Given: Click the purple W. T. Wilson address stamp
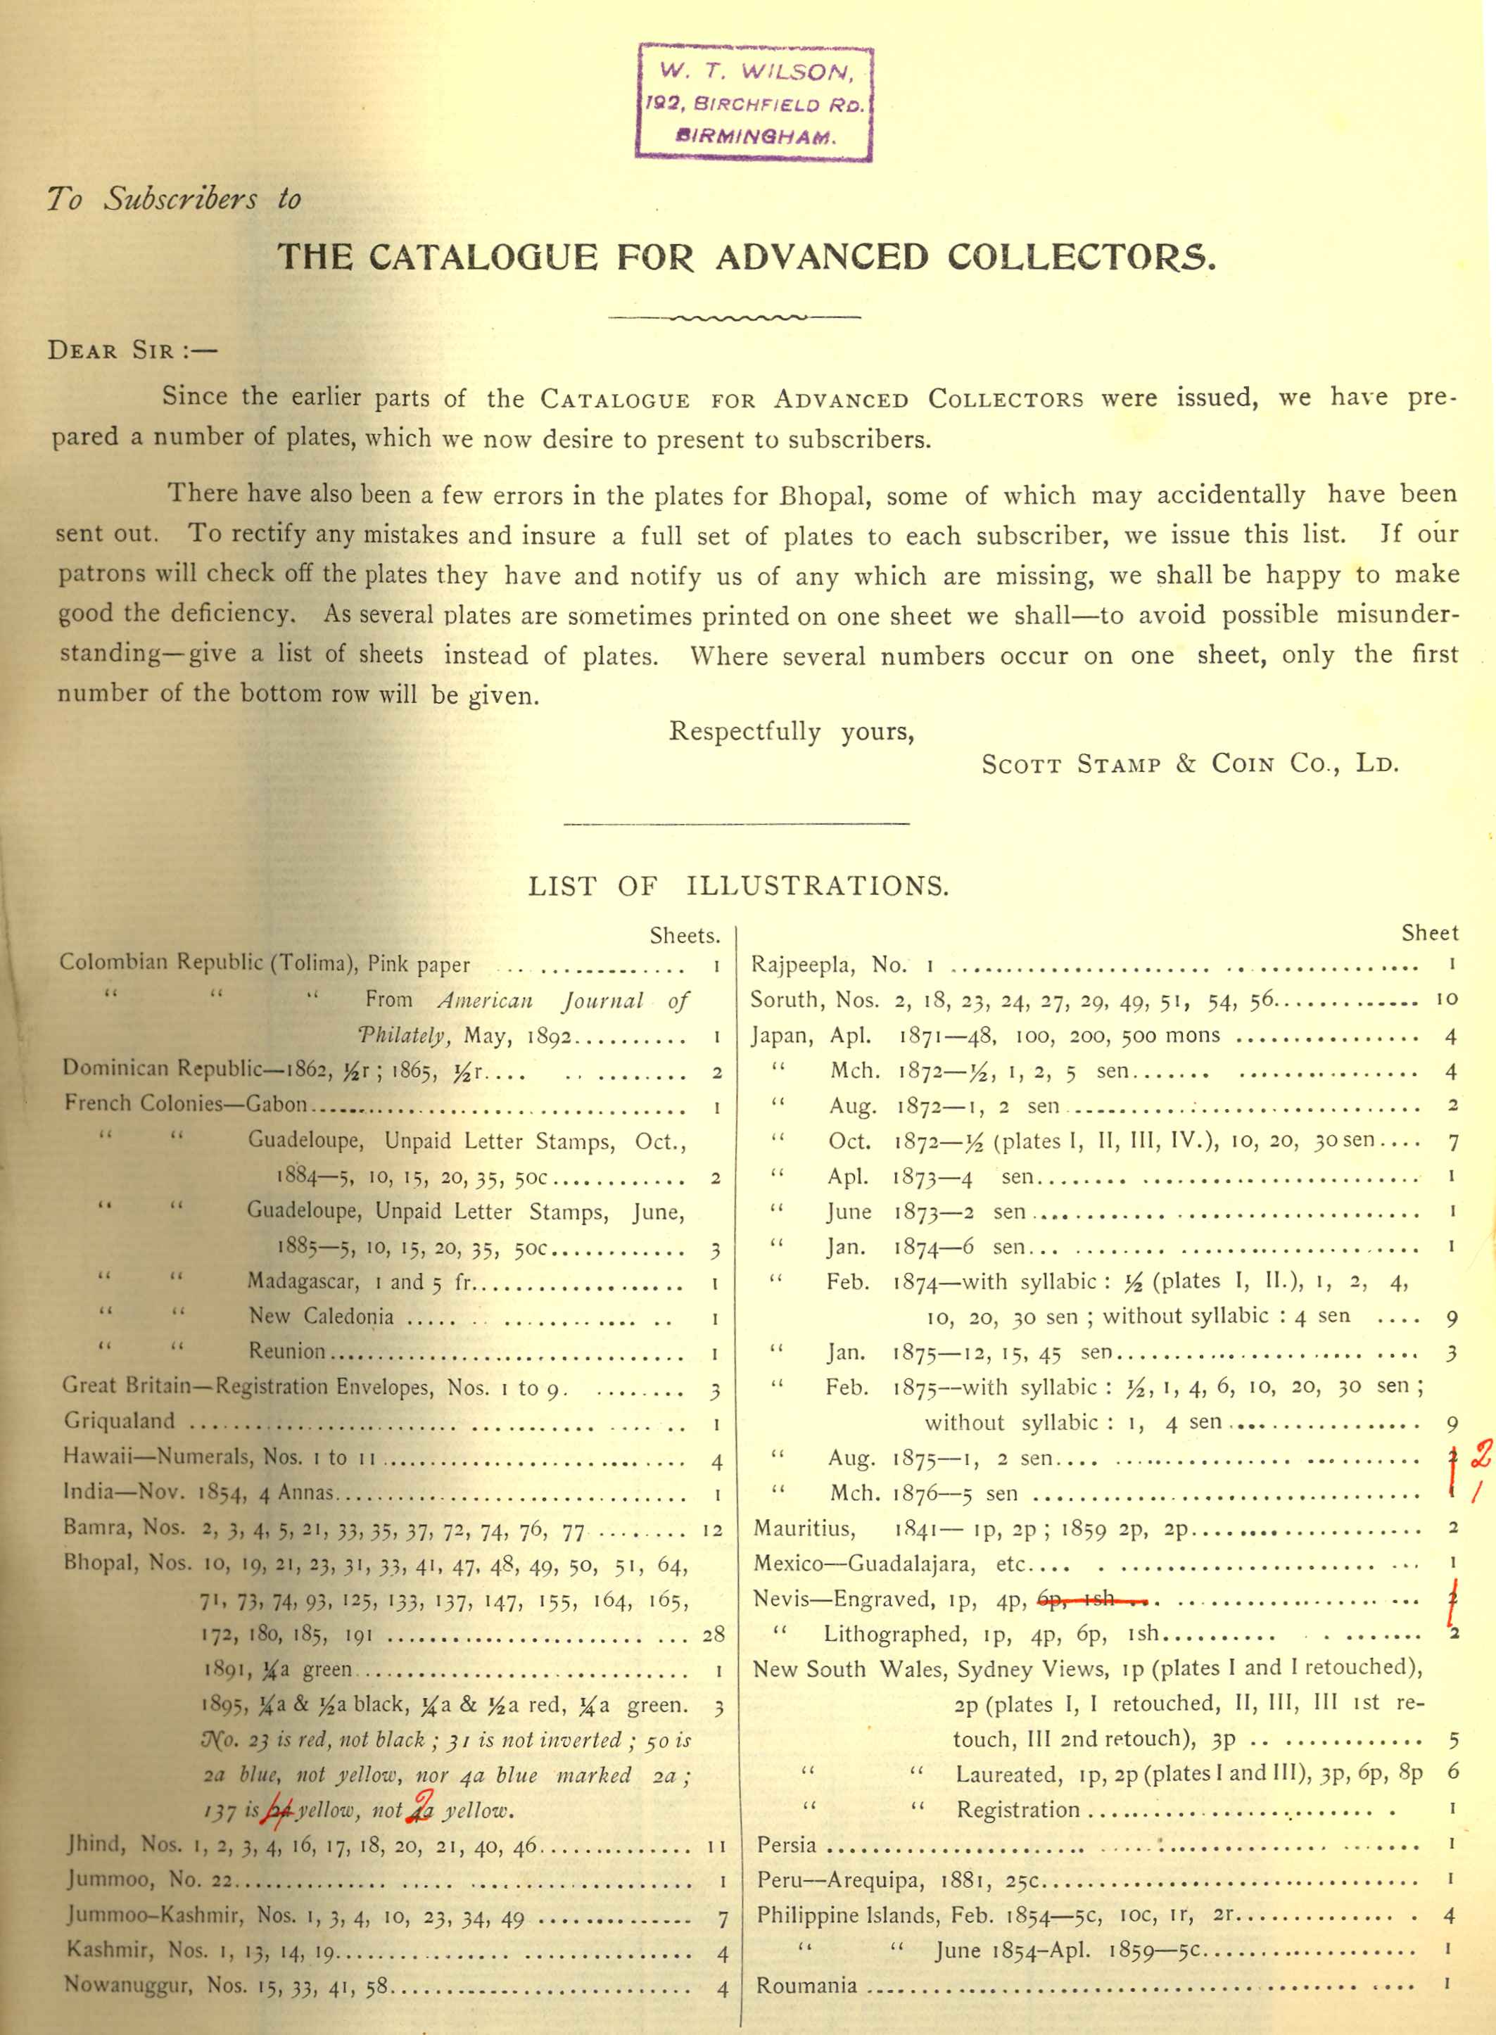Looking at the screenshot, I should [754, 101].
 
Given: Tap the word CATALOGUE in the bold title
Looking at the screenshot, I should [483, 258].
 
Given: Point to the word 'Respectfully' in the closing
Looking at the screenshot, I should [744, 732].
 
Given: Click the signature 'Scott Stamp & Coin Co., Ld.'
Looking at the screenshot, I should [1189, 763].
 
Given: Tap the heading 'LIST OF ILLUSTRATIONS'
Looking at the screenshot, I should [738, 886].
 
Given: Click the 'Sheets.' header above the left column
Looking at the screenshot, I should [684, 936].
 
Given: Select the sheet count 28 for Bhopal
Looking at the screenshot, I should [713, 1635].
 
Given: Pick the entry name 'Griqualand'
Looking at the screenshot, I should [119, 1421].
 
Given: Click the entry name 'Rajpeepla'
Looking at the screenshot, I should [802, 965].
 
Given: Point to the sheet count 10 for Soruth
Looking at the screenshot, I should [1446, 999].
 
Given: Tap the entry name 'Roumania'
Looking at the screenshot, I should [806, 1985].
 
